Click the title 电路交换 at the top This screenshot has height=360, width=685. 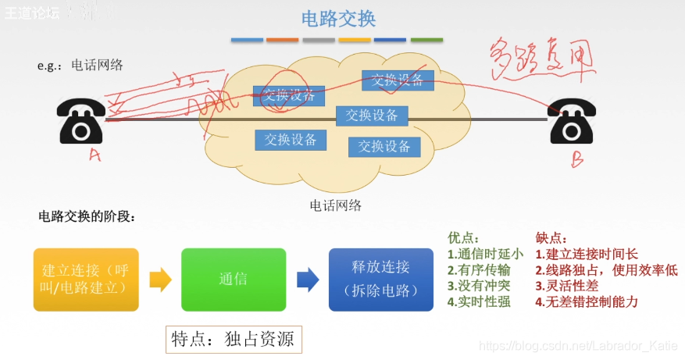338,19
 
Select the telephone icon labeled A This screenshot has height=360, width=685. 81,121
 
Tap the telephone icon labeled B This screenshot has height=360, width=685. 576,123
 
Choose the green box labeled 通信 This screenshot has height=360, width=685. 233,279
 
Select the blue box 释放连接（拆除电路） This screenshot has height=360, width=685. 380,279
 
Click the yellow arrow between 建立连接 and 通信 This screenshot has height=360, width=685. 160,279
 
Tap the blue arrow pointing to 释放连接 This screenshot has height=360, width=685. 308,279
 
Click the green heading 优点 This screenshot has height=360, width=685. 464,238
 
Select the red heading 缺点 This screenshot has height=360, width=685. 551,238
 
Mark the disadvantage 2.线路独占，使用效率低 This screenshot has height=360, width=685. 606,270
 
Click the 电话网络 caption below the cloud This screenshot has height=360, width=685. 335,205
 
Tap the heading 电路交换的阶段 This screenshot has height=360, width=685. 87,216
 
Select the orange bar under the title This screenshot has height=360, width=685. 282,40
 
